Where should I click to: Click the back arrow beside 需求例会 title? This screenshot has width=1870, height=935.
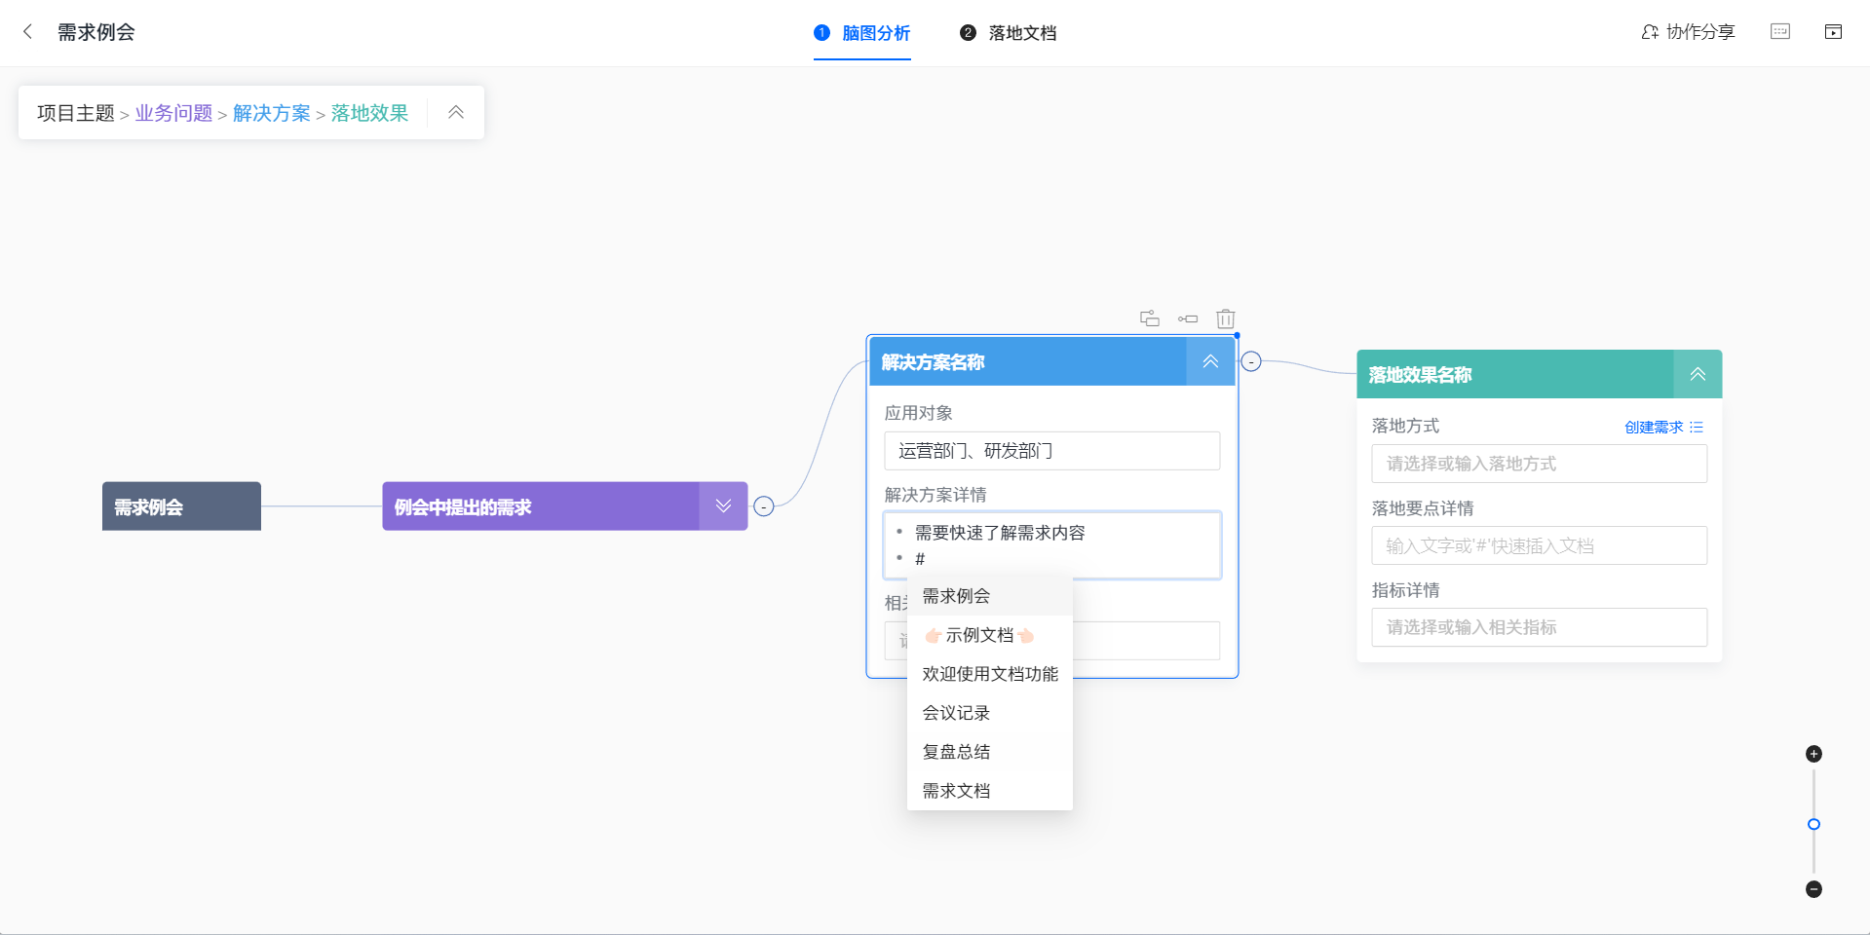pos(27,32)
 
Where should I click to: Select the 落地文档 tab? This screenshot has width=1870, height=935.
pos(1009,33)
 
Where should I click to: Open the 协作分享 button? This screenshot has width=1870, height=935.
pos(1688,32)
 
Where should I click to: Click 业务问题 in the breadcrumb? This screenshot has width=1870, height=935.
pos(173,113)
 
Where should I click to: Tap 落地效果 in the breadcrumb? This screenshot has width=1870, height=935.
pos(369,113)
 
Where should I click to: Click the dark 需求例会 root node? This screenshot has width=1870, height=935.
pos(181,506)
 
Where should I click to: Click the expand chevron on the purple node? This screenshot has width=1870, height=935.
pos(723,506)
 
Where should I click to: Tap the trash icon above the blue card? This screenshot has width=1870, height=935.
pos(1226,318)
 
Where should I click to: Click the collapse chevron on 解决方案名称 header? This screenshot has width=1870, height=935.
pos(1210,361)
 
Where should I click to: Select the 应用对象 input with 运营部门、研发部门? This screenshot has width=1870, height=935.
pos(1051,451)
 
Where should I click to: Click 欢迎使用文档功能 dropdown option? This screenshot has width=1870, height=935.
pos(989,674)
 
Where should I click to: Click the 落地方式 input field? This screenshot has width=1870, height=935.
pos(1539,464)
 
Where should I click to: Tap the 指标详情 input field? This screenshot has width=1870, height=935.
pos(1539,627)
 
